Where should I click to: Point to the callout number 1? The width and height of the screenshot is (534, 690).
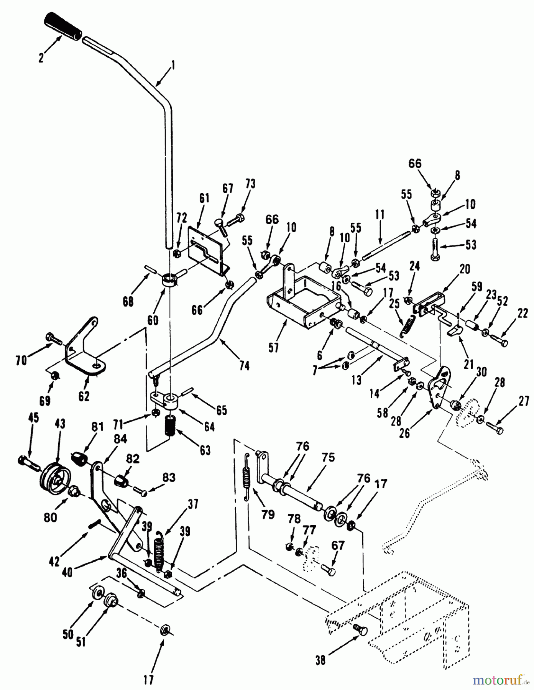coord(173,66)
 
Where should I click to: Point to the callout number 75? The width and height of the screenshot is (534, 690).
coord(329,457)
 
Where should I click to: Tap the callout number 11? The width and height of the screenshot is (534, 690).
coord(380,215)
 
